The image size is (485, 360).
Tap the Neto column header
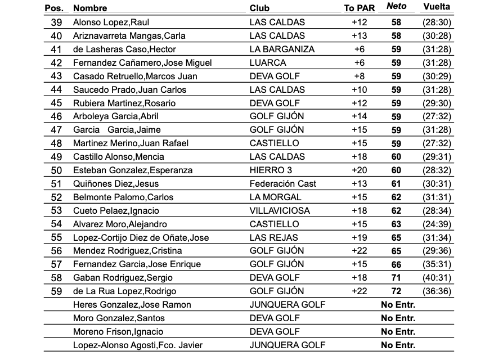[x=396, y=7]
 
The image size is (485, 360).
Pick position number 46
[x=56, y=116]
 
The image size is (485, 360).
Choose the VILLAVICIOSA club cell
[x=280, y=210]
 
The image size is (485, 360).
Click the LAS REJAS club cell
[x=273, y=237]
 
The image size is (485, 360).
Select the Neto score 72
[x=397, y=291]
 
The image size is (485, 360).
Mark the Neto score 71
[x=397, y=278]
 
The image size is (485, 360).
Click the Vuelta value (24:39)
[x=436, y=224]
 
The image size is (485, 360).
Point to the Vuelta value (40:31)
[x=436, y=278]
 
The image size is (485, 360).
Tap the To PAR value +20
[x=359, y=170]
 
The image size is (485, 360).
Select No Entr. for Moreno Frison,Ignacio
[x=398, y=332]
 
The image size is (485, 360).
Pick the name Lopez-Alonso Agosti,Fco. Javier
[x=138, y=345]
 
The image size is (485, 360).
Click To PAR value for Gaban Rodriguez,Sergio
[x=359, y=278]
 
